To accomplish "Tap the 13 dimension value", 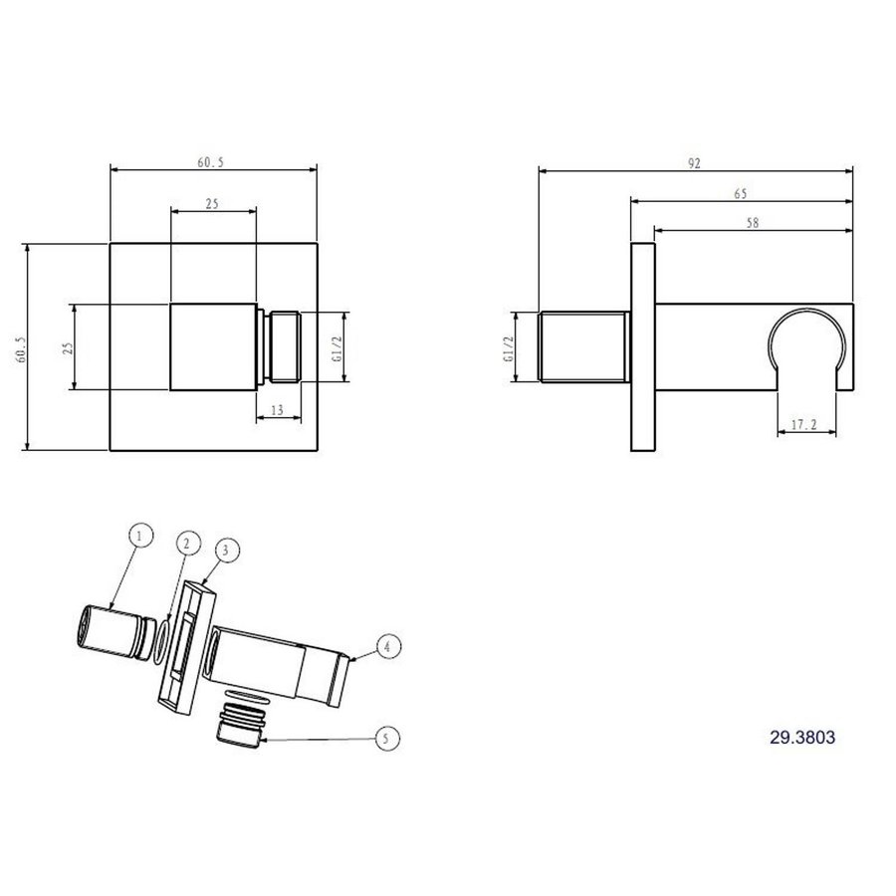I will coord(276,408).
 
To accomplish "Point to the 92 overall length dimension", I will coord(695,161).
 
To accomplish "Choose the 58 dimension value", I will coord(752,224).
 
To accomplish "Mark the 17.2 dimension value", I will coord(804,424).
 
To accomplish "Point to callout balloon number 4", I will coord(389,646).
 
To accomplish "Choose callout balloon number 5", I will coord(387,738).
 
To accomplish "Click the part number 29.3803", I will coord(801,738).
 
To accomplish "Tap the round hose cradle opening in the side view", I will coord(807,343).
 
